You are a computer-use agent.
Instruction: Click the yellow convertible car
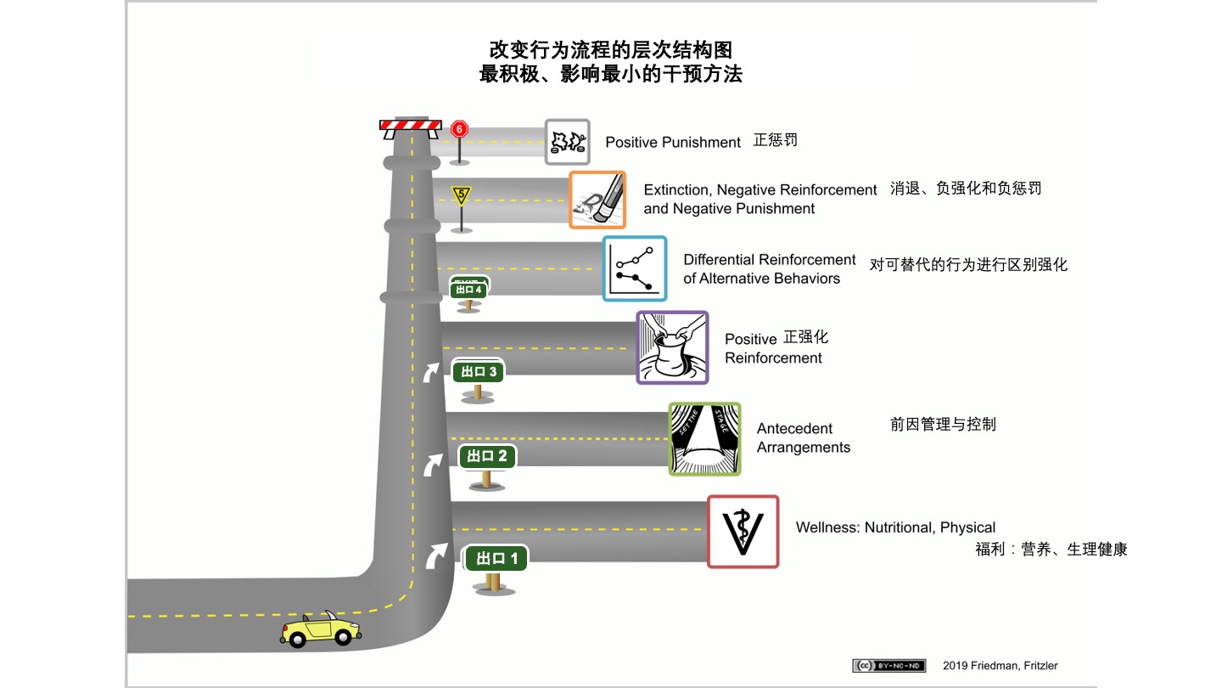point(321,629)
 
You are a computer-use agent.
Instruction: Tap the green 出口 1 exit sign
point(496,558)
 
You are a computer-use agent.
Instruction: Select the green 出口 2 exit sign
point(486,456)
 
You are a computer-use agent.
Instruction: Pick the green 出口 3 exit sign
point(479,371)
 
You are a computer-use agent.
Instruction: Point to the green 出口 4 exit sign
point(468,290)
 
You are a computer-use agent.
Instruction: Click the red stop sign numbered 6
point(459,129)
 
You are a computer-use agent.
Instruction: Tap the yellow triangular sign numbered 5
point(461,195)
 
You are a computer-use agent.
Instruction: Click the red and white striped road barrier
point(411,126)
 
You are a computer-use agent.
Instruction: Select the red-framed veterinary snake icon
point(743,532)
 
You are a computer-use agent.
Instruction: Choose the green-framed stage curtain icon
point(704,438)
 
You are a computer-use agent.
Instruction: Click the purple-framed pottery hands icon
point(672,347)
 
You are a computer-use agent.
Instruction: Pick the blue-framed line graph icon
point(635,268)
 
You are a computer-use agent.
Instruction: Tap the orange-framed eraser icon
point(597,200)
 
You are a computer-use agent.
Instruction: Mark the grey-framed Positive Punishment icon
point(567,141)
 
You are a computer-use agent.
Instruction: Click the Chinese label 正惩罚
point(776,140)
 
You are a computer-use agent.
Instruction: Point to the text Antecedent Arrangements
point(803,438)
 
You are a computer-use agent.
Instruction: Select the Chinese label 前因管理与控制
point(943,424)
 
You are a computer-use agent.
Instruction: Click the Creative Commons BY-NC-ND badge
point(888,665)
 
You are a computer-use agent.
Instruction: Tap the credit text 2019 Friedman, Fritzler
point(1000,665)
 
